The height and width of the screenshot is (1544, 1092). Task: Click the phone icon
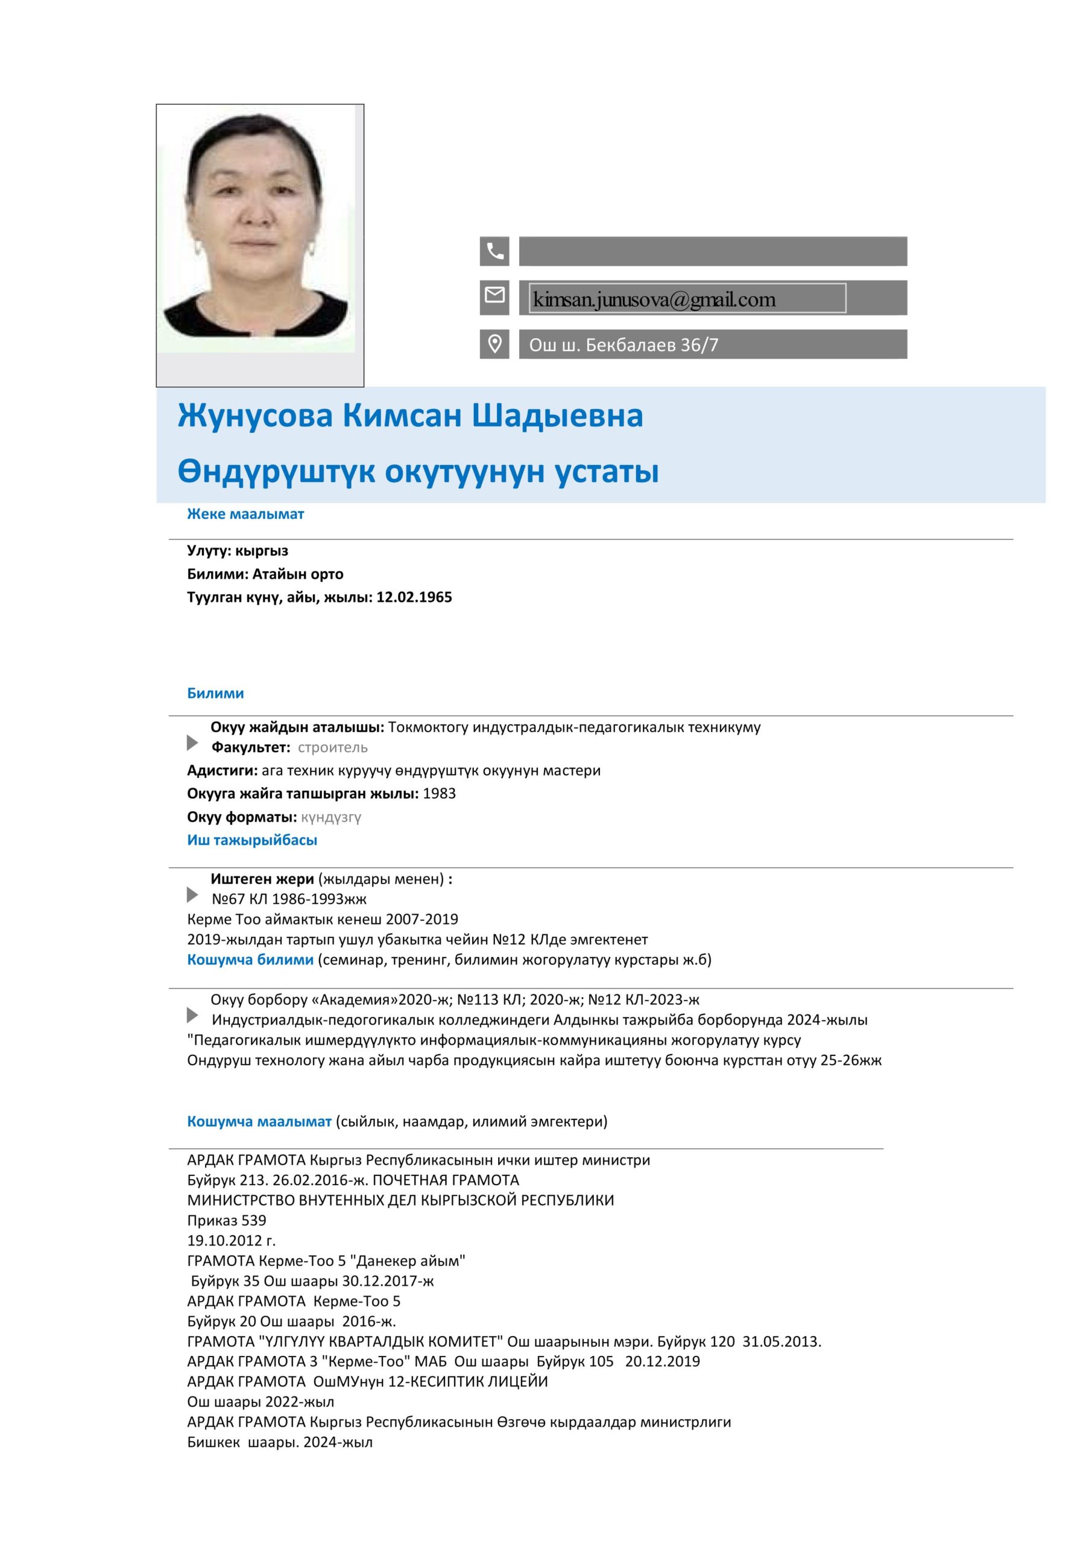click(494, 251)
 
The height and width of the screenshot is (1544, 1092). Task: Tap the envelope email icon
click(494, 295)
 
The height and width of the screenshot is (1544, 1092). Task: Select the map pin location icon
click(494, 344)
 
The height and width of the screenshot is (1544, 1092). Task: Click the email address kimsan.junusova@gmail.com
click(654, 299)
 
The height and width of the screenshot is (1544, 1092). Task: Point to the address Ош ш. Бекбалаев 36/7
click(623, 345)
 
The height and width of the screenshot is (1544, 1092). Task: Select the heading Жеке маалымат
click(245, 514)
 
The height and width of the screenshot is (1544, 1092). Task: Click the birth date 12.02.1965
click(414, 597)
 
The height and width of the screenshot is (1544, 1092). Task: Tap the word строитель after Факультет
click(332, 747)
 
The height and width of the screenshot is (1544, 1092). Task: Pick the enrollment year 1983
click(439, 794)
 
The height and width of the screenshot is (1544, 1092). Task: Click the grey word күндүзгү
click(331, 817)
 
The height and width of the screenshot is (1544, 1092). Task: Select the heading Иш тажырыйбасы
click(252, 840)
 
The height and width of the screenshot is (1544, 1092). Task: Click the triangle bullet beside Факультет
click(192, 743)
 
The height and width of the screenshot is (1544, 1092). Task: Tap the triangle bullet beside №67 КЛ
click(192, 895)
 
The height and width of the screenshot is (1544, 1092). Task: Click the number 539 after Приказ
click(253, 1221)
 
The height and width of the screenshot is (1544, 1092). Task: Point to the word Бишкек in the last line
click(213, 1443)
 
